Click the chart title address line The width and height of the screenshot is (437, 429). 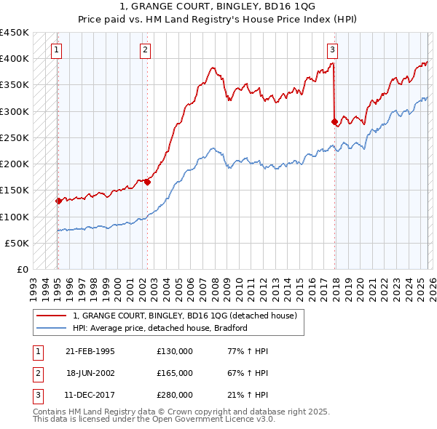[218, 7]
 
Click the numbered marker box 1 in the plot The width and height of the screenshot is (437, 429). [57, 50]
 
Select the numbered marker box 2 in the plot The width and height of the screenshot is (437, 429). [146, 50]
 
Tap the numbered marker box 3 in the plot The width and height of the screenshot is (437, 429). [332, 50]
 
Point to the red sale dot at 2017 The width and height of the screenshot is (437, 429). [334, 122]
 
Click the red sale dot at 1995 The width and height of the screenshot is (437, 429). [58, 201]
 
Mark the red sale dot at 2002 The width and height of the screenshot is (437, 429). [147, 183]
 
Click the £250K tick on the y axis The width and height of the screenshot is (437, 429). [15, 137]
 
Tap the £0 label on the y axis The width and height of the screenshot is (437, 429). [23, 270]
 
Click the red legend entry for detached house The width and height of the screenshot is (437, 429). [184, 316]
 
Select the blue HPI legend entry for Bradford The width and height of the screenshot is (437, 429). [160, 328]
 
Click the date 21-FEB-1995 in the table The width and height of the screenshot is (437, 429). [90, 350]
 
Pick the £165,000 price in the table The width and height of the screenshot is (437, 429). [175, 372]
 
